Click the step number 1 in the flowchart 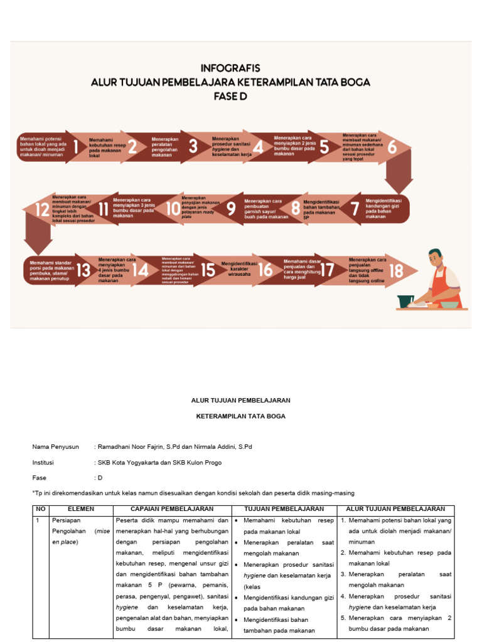click(x=76, y=147)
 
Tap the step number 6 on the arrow click(x=392, y=147)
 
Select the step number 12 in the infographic click(x=42, y=209)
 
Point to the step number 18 click(x=395, y=271)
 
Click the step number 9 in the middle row click(x=231, y=209)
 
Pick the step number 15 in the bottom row click(x=208, y=270)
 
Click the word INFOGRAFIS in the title click(x=230, y=68)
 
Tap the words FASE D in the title click(x=230, y=97)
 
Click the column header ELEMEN click(x=80, y=509)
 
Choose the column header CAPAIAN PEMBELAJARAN click(x=172, y=509)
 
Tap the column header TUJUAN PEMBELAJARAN click(x=284, y=509)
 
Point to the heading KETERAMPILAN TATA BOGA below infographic click(x=240, y=416)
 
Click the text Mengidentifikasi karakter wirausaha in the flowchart click(x=238, y=269)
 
